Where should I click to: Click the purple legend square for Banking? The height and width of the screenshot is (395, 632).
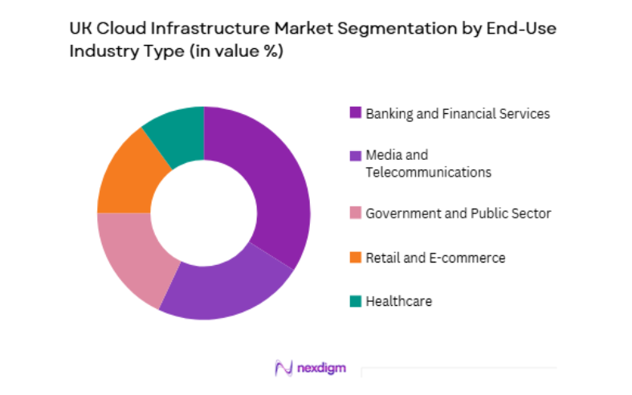click(x=355, y=113)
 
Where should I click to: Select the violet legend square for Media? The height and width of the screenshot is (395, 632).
click(x=355, y=155)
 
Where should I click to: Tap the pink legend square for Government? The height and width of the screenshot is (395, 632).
click(x=355, y=214)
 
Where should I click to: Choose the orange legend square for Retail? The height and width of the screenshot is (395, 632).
click(x=355, y=258)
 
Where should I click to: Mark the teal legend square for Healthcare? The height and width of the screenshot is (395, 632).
click(x=355, y=301)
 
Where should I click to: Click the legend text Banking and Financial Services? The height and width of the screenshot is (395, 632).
click(x=458, y=113)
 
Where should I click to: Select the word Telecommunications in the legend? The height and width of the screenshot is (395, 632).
click(x=428, y=172)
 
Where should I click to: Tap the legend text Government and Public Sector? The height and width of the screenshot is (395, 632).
click(x=458, y=214)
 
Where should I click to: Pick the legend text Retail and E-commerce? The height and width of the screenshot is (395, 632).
click(x=435, y=258)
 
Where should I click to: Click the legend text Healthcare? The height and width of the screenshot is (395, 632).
click(x=398, y=301)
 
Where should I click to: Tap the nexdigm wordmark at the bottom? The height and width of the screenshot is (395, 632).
click(x=324, y=368)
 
